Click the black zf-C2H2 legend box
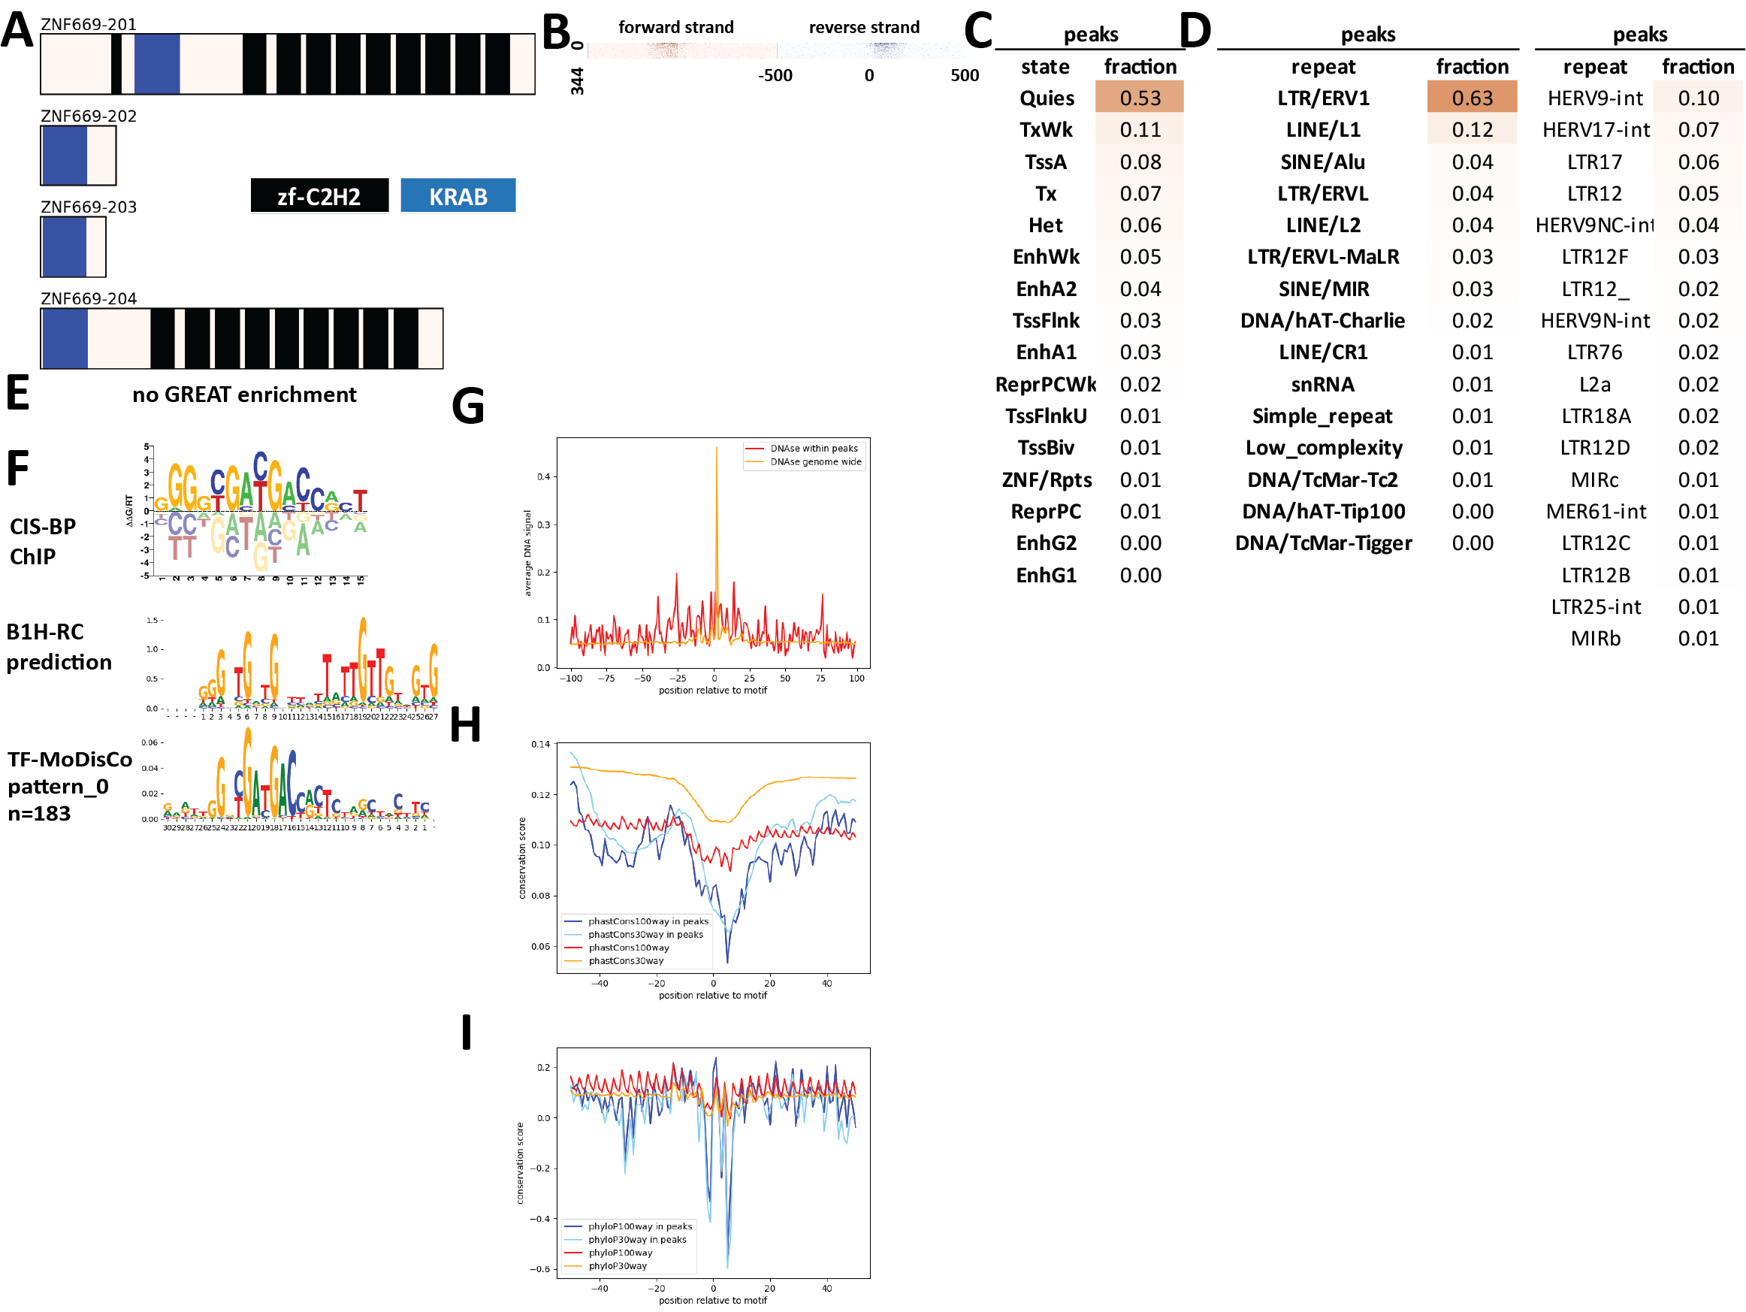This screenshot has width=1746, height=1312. click(319, 196)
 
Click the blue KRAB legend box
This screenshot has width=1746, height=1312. click(458, 196)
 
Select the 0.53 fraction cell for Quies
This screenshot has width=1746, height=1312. click(1139, 98)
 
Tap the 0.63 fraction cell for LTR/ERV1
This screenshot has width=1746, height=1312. click(1471, 98)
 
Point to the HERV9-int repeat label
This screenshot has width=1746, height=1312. click(1594, 98)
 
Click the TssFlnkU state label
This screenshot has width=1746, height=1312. click(1045, 416)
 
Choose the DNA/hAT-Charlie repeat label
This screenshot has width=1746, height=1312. click(1322, 321)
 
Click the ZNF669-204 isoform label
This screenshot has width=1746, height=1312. click(89, 298)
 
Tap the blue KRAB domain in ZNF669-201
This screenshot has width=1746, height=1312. click(156, 64)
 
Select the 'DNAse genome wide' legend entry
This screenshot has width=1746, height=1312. click(815, 462)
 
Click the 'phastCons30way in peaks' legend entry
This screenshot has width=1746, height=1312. click(645, 935)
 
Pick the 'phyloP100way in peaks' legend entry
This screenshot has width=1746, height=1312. click(639, 1226)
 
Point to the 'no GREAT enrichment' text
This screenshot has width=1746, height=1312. click(244, 395)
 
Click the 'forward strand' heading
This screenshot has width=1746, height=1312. click(675, 28)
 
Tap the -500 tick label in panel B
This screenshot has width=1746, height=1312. click(775, 76)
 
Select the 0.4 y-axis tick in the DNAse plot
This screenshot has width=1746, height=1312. click(543, 477)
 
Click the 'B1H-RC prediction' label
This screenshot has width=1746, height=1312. click(59, 646)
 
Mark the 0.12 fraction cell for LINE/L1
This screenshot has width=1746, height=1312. click(1471, 129)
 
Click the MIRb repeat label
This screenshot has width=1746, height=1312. click(1594, 638)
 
